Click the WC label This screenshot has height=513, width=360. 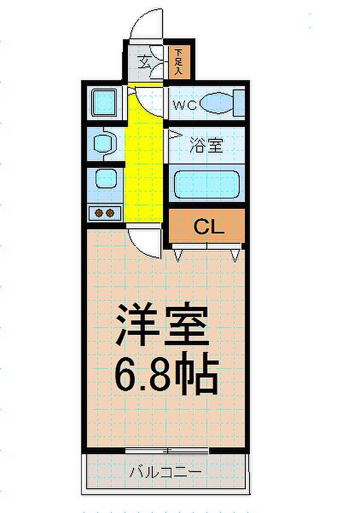tap(185, 105)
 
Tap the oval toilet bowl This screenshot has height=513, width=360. tap(217, 103)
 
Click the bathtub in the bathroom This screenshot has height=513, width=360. tap(207, 185)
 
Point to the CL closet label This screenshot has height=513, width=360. tap(209, 226)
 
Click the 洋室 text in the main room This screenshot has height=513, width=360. tap(163, 325)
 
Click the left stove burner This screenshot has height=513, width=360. tap(99, 213)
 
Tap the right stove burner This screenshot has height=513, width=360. tap(110, 213)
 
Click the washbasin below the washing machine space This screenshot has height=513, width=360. tap(104, 143)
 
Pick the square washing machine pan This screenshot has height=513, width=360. tap(104, 103)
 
